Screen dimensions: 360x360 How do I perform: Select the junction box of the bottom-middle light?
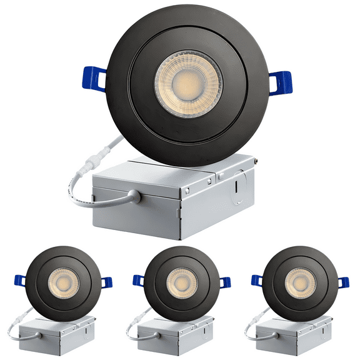[x=178, y=335]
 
